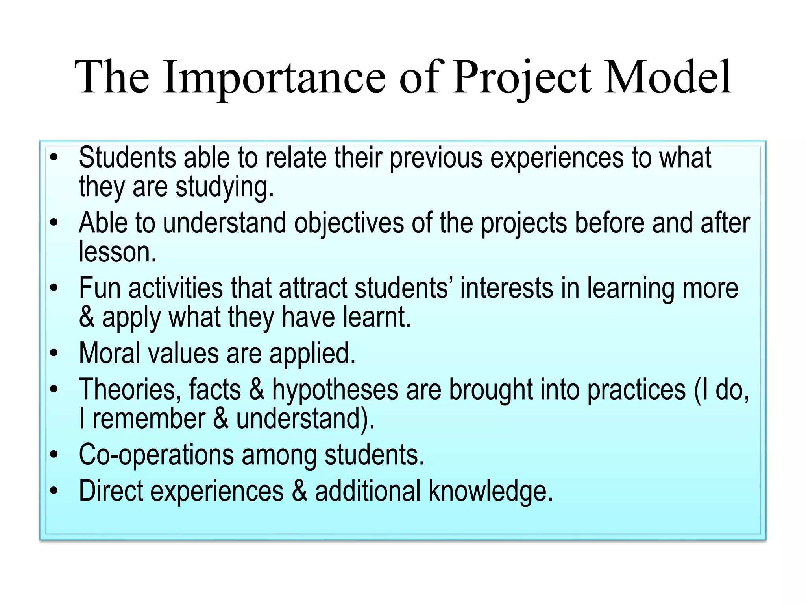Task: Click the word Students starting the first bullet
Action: pyautogui.click(x=127, y=158)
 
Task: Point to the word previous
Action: pyautogui.click(x=436, y=158)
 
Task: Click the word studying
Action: pyautogui.click(x=224, y=187)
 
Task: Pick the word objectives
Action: pyautogui.click(x=349, y=223)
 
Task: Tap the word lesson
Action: pyautogui.click(x=117, y=252)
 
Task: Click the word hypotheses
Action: pyautogui.click(x=335, y=389)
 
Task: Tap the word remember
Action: pyautogui.click(x=149, y=418)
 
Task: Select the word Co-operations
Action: pyautogui.click(x=156, y=455)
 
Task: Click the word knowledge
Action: pyautogui.click(x=491, y=491)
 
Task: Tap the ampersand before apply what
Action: pyautogui.click(x=87, y=317)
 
